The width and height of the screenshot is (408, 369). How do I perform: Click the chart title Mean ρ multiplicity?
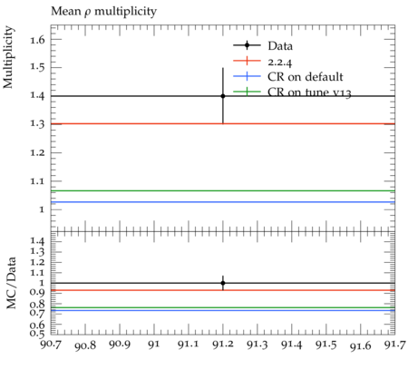coord(103,12)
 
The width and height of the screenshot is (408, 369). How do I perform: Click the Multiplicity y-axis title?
coord(8,57)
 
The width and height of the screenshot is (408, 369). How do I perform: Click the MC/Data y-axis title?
coord(11,283)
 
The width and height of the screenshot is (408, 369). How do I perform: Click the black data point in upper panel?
coord(223,96)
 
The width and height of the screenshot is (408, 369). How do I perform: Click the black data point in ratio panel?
coord(223,283)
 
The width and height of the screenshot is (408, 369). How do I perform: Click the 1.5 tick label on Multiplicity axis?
coord(38,67)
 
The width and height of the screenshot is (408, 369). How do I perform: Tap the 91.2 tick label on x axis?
coord(223,345)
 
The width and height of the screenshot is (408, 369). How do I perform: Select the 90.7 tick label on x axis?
coord(51,344)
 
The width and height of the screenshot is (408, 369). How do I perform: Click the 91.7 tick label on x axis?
coord(394,345)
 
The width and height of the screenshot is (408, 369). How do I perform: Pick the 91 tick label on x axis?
coord(154,345)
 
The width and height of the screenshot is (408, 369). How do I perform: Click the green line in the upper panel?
coord(223,190)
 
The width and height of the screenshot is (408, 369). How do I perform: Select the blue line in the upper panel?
coord(223,202)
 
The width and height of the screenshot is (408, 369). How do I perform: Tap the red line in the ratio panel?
coord(223,290)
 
